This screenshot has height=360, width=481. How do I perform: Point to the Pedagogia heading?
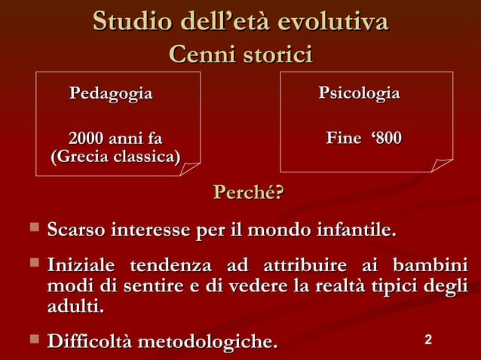(x=111, y=94)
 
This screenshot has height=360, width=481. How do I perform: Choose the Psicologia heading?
(x=359, y=94)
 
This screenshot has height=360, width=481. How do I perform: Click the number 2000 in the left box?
(x=86, y=139)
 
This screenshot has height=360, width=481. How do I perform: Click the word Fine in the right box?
(x=342, y=139)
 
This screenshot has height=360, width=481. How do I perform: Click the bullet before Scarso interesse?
(x=32, y=227)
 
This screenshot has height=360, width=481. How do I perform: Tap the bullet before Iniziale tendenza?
(x=32, y=265)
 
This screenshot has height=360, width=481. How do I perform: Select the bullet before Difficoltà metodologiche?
(x=32, y=342)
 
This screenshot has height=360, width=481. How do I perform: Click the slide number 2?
(x=428, y=341)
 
